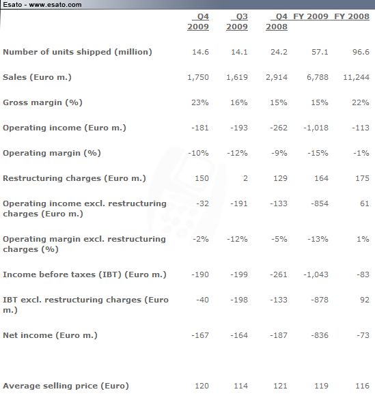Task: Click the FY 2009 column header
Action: pyautogui.click(x=311, y=16)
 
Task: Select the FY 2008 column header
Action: pyautogui.click(x=352, y=16)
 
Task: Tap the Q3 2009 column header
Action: pyautogui.click(x=237, y=21)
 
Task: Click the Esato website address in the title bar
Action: pyautogui.click(x=55, y=5)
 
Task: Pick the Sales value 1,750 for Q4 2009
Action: pyautogui.click(x=198, y=77)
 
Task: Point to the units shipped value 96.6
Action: pyautogui.click(x=361, y=52)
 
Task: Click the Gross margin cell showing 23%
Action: pyautogui.click(x=200, y=102)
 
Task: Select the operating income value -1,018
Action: pyautogui.click(x=316, y=128)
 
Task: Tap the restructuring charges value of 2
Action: pyautogui.click(x=245, y=178)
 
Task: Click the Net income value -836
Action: pyautogui.click(x=320, y=335)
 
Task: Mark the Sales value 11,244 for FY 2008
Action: pyautogui.click(x=357, y=77)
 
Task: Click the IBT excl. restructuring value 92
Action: pyautogui.click(x=364, y=300)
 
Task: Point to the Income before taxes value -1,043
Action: pyautogui.click(x=316, y=274)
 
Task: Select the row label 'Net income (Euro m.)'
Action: pyautogui.click(x=50, y=335)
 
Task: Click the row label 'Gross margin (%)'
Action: pyautogui.click(x=42, y=102)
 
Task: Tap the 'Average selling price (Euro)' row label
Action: pyautogui.click(x=66, y=386)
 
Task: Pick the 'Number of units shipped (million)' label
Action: pyautogui.click(x=77, y=52)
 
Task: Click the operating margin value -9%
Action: pyautogui.click(x=279, y=153)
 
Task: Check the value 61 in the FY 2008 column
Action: pyautogui.click(x=365, y=203)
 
